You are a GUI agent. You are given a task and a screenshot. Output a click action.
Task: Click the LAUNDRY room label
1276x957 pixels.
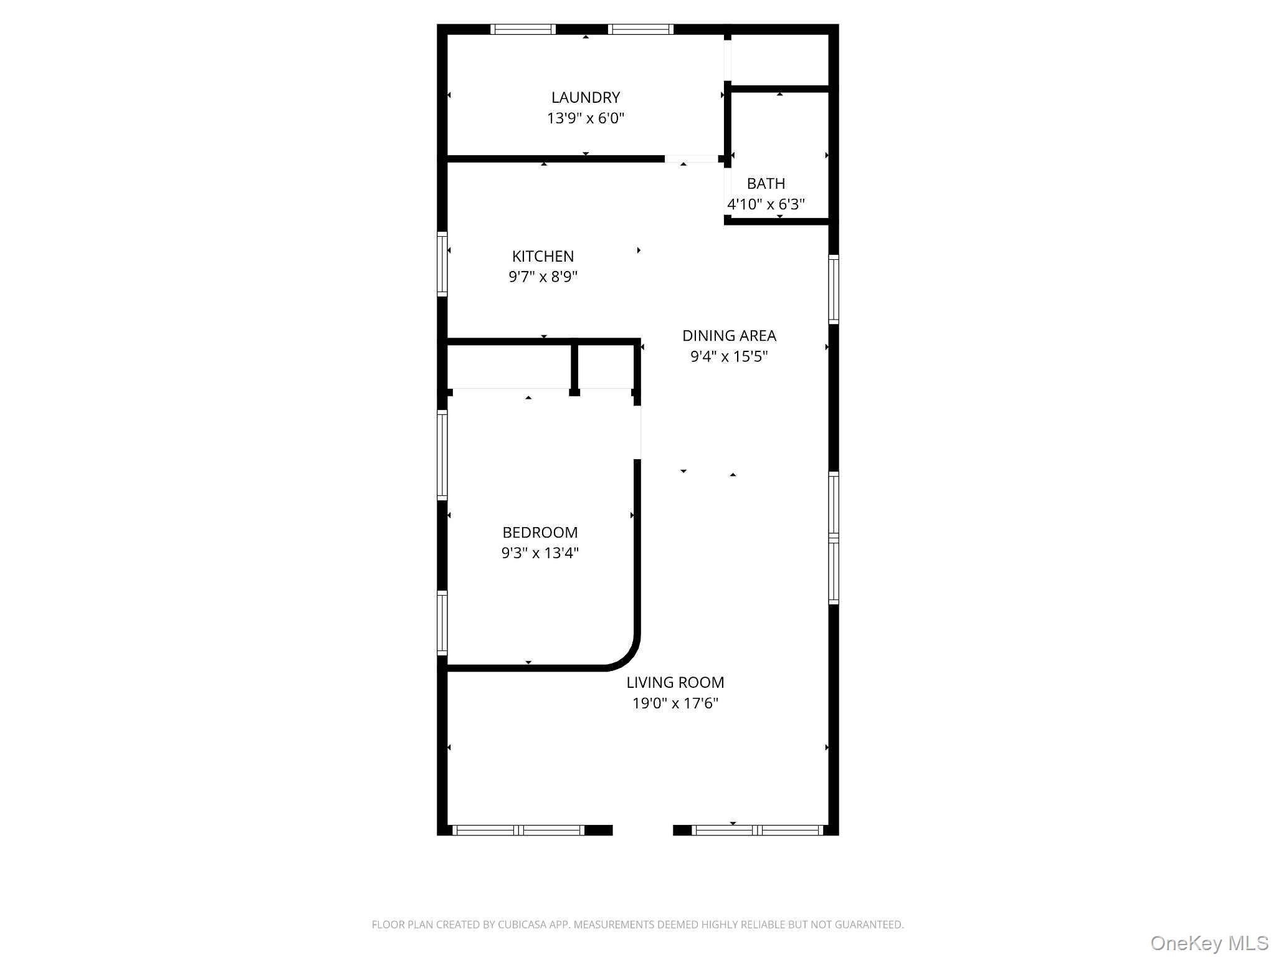585,97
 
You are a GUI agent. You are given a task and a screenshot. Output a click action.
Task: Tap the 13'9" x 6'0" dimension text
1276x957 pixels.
585,118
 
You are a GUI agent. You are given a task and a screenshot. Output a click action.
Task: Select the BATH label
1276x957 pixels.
766,184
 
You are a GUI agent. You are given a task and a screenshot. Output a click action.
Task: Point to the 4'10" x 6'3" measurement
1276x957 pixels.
766,204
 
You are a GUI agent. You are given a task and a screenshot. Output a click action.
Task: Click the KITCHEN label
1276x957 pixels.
543,256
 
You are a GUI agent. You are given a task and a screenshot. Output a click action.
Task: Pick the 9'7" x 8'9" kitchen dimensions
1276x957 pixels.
543,277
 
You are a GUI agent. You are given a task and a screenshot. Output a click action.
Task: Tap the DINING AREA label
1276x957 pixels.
729,336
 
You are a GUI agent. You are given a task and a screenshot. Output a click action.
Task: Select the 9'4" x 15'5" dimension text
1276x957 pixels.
729,356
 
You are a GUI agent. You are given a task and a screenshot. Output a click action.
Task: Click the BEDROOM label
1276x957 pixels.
540,533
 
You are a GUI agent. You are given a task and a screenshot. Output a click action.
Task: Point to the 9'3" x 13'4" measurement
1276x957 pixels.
540,553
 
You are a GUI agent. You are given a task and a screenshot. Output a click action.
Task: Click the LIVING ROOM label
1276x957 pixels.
675,683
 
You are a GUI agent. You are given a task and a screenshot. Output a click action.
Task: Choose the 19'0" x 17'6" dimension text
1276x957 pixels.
675,703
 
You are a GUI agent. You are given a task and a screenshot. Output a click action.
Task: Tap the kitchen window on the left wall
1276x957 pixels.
442,264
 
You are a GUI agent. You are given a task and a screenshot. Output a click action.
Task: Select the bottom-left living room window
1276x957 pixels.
518,830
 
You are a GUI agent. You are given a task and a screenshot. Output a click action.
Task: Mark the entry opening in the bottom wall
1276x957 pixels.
642,830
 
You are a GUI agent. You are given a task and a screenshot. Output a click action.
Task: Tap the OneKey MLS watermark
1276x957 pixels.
1209,943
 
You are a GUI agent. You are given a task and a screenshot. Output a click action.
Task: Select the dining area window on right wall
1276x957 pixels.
833,289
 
